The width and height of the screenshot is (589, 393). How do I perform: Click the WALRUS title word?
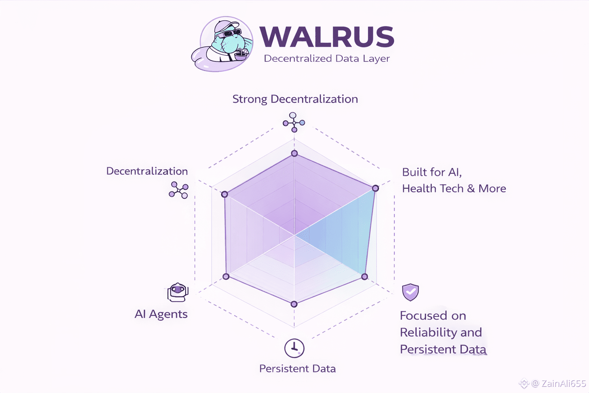point(327,37)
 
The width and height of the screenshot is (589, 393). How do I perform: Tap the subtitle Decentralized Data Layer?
point(327,59)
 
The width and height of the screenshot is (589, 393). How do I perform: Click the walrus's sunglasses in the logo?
point(232,33)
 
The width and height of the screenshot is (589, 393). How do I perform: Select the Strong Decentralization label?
point(295,99)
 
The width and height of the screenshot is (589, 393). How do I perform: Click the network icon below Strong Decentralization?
point(294,122)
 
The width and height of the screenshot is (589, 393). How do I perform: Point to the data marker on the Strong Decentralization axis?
point(294,154)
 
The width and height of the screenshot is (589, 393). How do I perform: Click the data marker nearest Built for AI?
point(375,188)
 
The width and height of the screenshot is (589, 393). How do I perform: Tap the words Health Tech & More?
point(454,188)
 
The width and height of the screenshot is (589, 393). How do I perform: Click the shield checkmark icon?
point(410,292)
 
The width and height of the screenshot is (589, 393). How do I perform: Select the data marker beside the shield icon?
point(365,277)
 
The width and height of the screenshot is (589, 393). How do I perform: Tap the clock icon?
point(294,348)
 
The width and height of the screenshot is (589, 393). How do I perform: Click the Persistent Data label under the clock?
point(297,369)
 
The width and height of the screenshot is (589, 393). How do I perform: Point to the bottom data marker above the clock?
point(294,304)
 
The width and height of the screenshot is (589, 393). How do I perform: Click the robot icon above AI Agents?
point(178,292)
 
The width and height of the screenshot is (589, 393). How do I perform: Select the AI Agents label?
point(161,314)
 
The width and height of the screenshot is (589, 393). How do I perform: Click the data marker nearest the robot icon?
point(226,276)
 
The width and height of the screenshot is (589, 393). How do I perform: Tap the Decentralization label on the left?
point(147,171)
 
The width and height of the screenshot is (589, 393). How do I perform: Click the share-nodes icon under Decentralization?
point(179,190)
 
